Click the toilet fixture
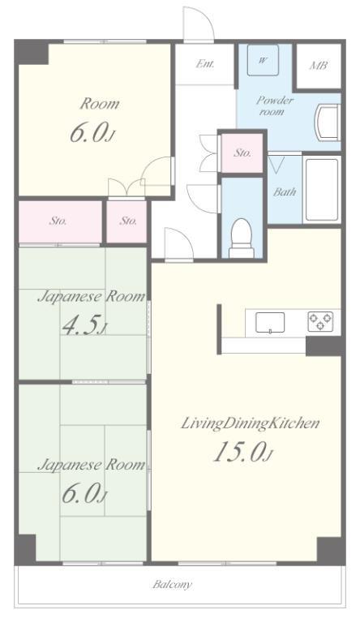[242, 238]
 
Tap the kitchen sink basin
[270, 322]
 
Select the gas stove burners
[320, 322]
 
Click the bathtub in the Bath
[322, 191]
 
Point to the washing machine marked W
[263, 60]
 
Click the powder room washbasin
[328, 122]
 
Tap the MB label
[319, 65]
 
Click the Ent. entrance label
[205, 63]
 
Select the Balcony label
[173, 584]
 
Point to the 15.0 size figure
[243, 452]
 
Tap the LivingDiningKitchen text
[251, 423]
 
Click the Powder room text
[275, 105]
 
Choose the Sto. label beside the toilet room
[242, 153]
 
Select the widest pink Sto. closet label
[58, 221]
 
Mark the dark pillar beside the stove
[324, 346]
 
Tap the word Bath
[285, 192]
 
